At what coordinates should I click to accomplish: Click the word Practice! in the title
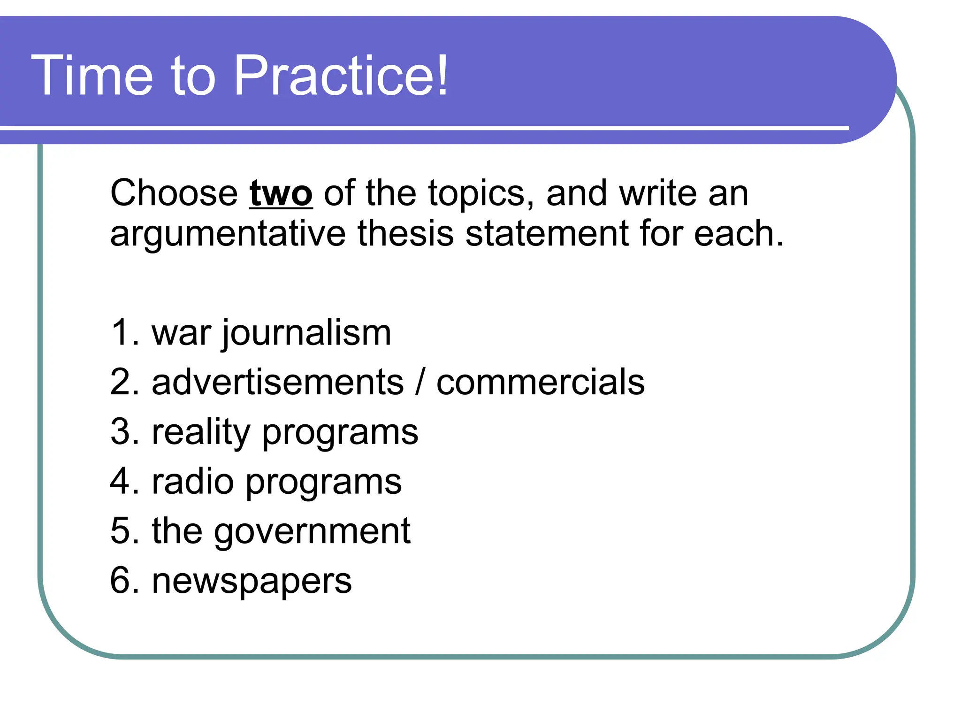341,76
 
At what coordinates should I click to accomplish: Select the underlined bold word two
281,193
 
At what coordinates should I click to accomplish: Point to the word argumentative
228,234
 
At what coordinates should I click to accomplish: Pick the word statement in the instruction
546,234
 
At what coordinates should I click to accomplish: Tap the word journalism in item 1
306,333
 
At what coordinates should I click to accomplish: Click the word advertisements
277,382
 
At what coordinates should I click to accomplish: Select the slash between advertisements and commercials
420,382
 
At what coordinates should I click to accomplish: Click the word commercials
540,382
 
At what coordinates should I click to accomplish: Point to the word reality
201,433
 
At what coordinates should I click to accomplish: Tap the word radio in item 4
192,482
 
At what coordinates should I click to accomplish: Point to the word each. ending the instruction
739,234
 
